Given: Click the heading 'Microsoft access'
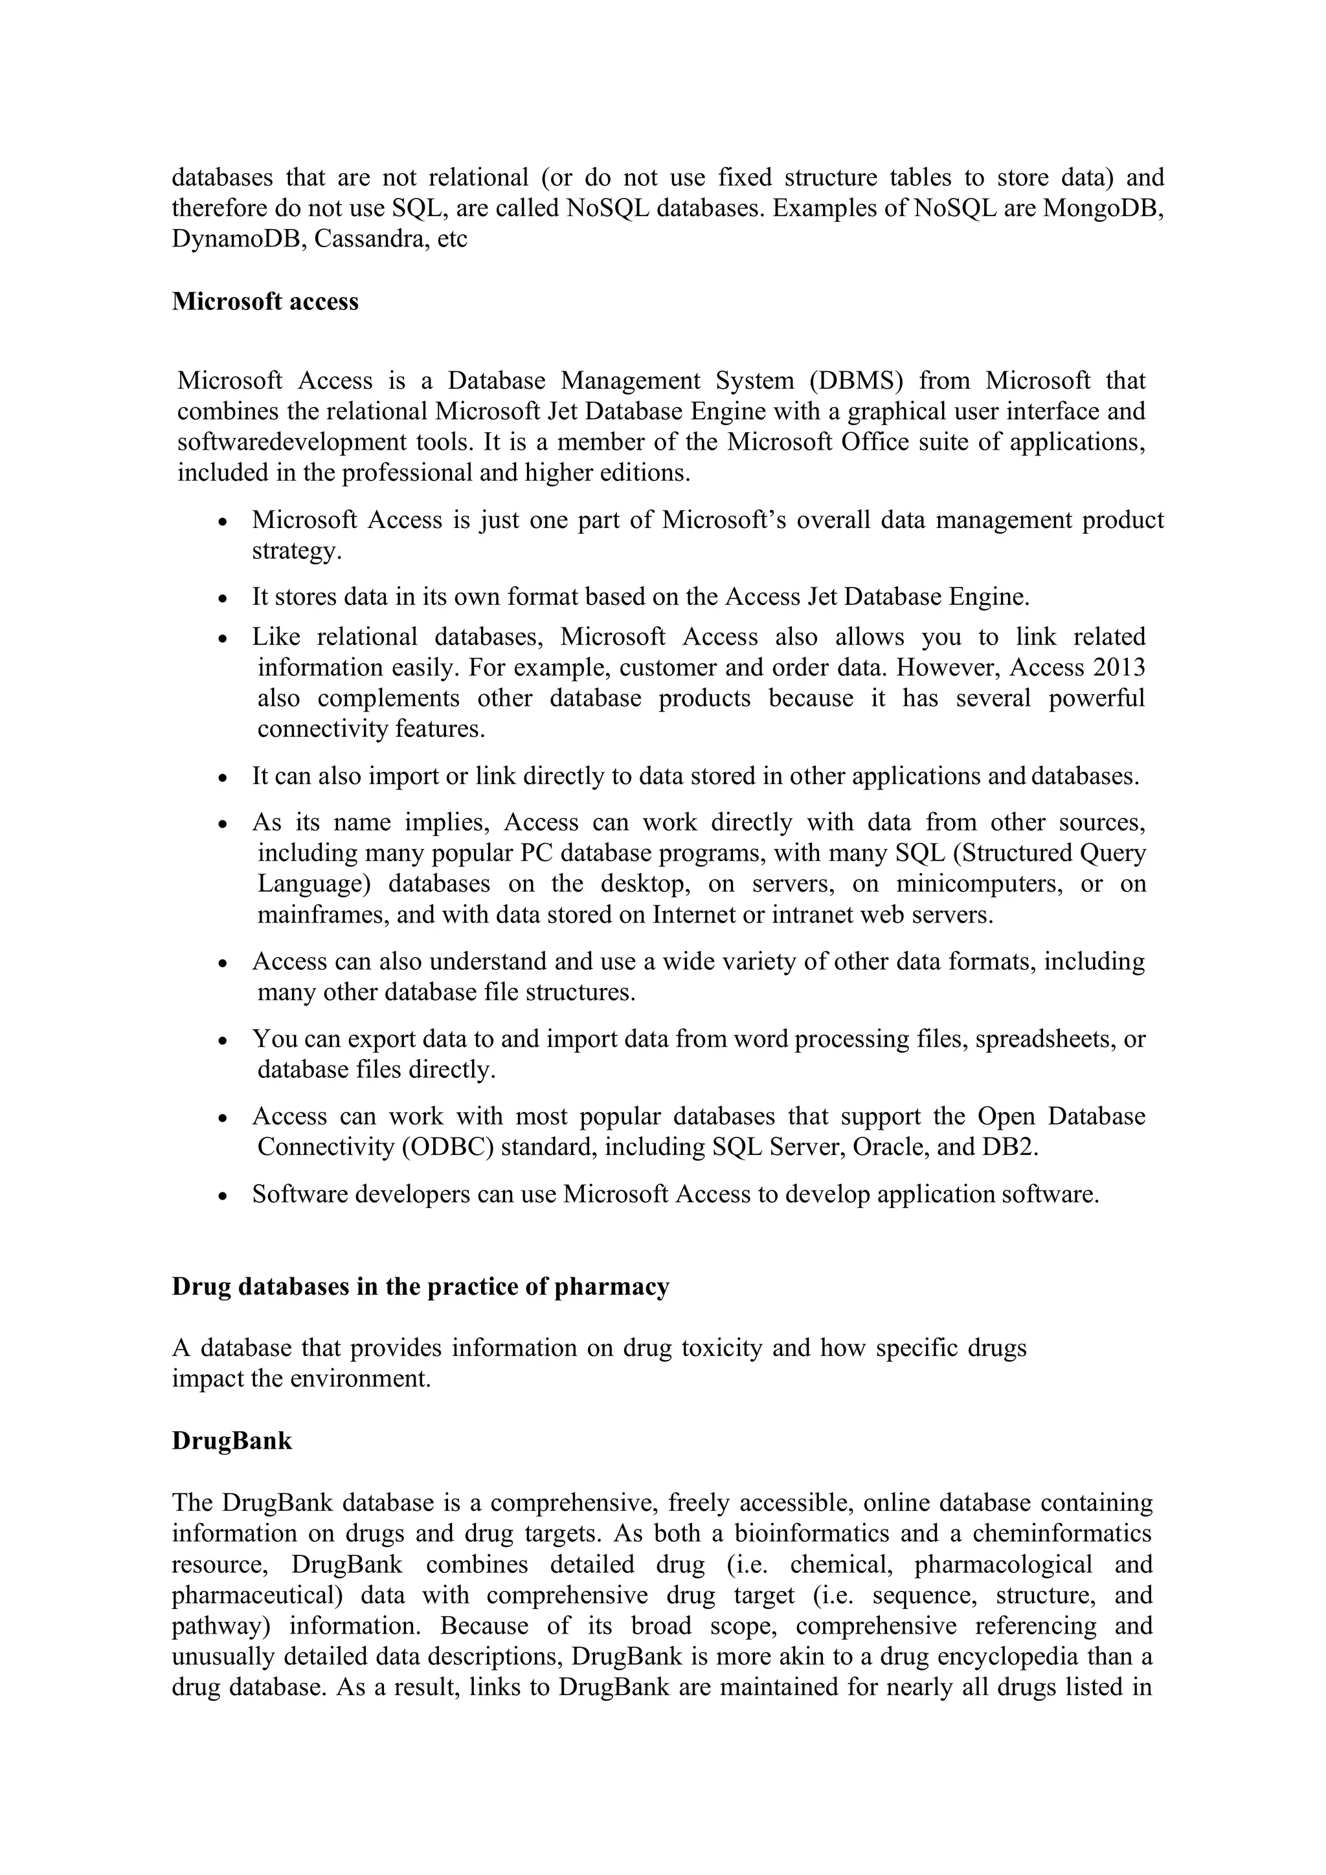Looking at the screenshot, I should coord(265,302).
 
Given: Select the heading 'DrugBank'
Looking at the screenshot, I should coord(231,1441).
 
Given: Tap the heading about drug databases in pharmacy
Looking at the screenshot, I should coord(420,1286).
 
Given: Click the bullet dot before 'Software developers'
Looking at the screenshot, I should coord(223,1196).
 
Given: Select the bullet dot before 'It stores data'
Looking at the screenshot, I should coord(223,598).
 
